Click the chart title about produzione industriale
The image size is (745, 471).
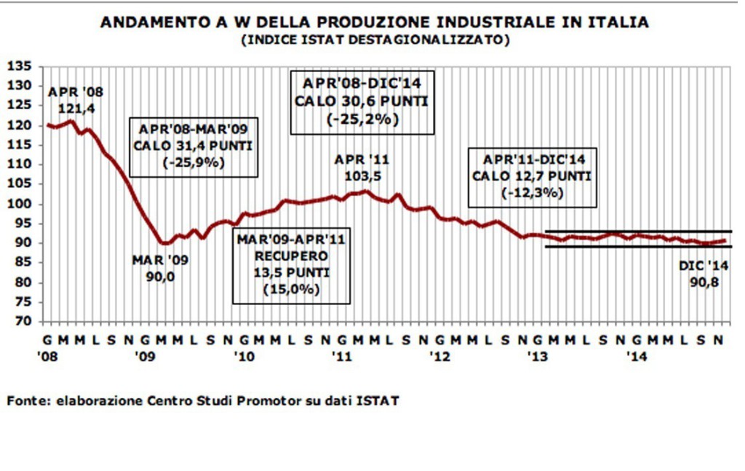coord(374,22)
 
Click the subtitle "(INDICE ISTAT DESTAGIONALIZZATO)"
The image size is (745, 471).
coord(374,39)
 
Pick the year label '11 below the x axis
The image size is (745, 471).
coord(342,357)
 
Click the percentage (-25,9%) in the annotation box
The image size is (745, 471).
coord(194,162)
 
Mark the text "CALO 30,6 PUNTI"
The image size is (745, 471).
coord(362,100)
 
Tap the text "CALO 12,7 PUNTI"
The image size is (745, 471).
coord(531,176)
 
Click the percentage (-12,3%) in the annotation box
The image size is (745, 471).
coord(531,193)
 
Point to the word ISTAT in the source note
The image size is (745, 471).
coord(379,400)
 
